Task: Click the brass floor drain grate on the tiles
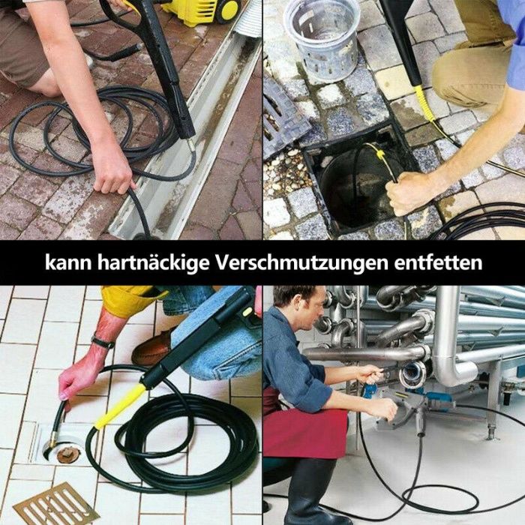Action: [x=55, y=505]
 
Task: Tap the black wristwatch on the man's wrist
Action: [x=103, y=342]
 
